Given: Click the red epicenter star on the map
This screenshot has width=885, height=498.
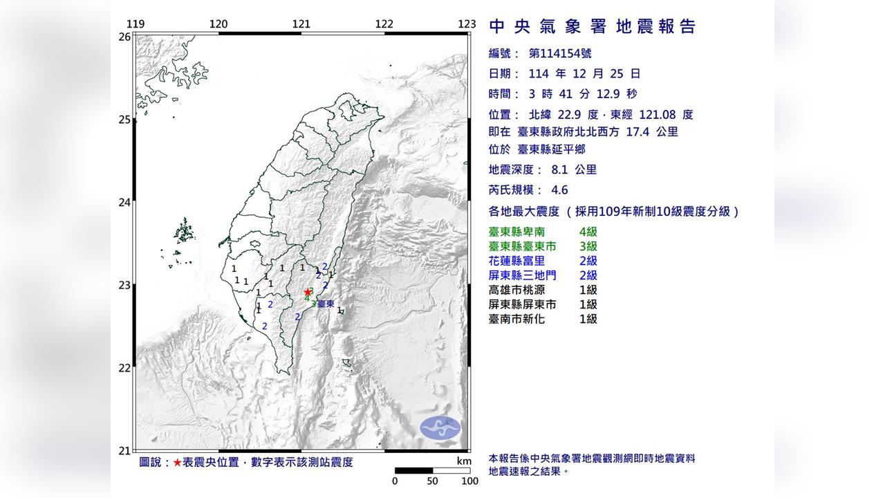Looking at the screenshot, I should (x=308, y=293).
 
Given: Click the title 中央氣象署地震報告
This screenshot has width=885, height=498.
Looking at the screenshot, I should (x=592, y=27).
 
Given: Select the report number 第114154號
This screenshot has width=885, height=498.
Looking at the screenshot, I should (x=559, y=53).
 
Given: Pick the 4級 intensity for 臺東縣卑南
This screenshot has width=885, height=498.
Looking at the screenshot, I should (x=588, y=232).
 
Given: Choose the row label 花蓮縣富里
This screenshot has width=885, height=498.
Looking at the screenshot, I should (x=518, y=261).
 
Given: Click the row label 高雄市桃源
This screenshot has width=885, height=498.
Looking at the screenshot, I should (x=518, y=290).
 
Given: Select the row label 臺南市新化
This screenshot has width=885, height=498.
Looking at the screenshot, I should (x=518, y=319).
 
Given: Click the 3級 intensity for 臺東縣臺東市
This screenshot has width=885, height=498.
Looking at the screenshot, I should (x=588, y=246).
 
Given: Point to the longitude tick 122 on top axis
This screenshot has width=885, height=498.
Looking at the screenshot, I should (x=384, y=24).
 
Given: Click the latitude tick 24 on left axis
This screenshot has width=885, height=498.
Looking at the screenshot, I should (x=124, y=203).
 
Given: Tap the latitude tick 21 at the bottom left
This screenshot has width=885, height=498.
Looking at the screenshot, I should (x=124, y=451).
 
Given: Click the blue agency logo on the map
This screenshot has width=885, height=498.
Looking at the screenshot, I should (x=440, y=427).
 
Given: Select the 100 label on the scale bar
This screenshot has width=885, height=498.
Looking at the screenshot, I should (x=469, y=481).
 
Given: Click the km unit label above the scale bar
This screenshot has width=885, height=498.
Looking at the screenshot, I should (x=463, y=461).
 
